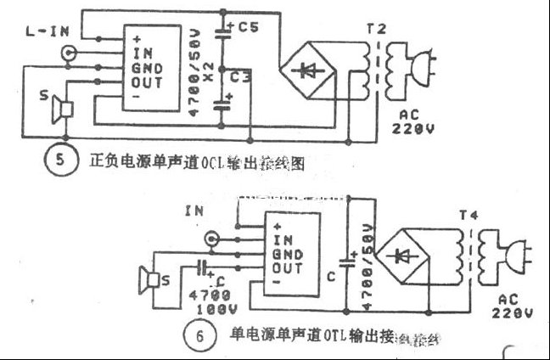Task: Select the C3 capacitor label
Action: (x=240, y=78)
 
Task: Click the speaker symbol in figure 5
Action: (x=61, y=108)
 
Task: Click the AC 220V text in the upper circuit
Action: (x=414, y=122)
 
